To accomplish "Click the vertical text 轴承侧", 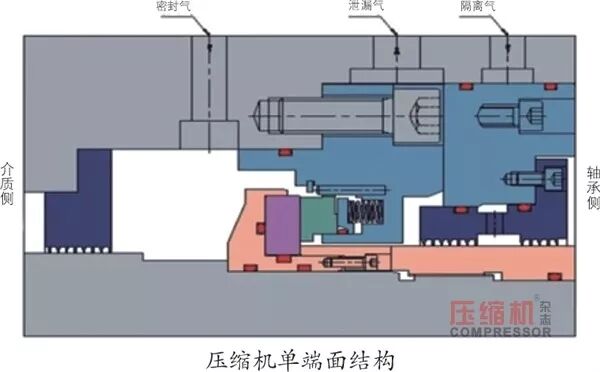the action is coord(592,190).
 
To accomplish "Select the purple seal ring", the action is coord(283,224).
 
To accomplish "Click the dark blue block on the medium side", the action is coord(78,200).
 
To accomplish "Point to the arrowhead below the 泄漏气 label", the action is coord(398,49).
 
